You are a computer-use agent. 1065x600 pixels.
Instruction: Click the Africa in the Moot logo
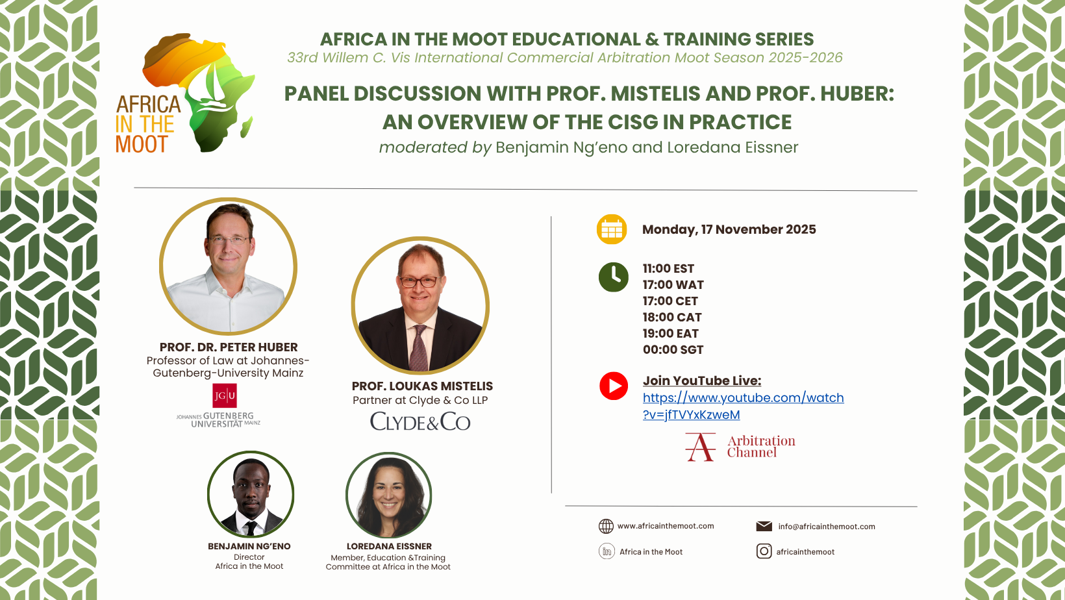click(185, 94)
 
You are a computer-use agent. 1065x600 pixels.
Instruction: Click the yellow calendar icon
click(612, 229)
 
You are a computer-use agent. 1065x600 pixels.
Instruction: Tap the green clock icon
click(613, 277)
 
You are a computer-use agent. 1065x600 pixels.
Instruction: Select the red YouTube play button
click(614, 386)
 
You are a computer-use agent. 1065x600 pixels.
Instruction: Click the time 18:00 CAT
click(672, 318)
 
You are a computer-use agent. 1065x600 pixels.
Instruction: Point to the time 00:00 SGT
click(673, 350)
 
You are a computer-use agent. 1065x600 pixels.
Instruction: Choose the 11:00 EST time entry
click(668, 269)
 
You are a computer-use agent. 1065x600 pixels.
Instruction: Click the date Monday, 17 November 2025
click(729, 230)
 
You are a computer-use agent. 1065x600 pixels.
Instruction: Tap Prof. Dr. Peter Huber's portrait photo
click(229, 266)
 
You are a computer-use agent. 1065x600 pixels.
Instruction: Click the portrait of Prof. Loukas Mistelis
click(420, 305)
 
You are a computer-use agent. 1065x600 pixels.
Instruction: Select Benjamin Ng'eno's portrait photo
click(251, 495)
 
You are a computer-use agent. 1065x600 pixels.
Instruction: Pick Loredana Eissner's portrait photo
click(389, 495)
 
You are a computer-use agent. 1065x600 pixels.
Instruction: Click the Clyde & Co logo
click(420, 422)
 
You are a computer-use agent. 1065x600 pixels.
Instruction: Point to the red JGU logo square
click(225, 395)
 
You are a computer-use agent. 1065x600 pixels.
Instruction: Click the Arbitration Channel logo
click(740, 447)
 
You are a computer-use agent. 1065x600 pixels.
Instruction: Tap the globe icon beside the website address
click(606, 526)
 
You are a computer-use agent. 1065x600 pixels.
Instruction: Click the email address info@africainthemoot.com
click(827, 527)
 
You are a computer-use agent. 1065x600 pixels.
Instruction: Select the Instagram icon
click(764, 551)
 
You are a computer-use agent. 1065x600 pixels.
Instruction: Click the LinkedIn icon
click(607, 551)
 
